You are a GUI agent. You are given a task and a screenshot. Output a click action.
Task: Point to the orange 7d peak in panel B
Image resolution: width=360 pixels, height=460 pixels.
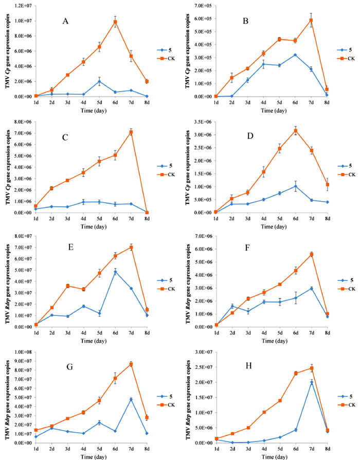coord(297,21)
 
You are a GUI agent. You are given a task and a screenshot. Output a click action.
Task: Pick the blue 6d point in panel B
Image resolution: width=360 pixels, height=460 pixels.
coord(280,55)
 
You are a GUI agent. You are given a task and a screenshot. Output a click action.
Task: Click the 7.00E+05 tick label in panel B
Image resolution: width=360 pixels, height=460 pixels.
coord(195,6)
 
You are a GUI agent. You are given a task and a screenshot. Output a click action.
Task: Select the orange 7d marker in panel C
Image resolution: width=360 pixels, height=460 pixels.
coord(132,132)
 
